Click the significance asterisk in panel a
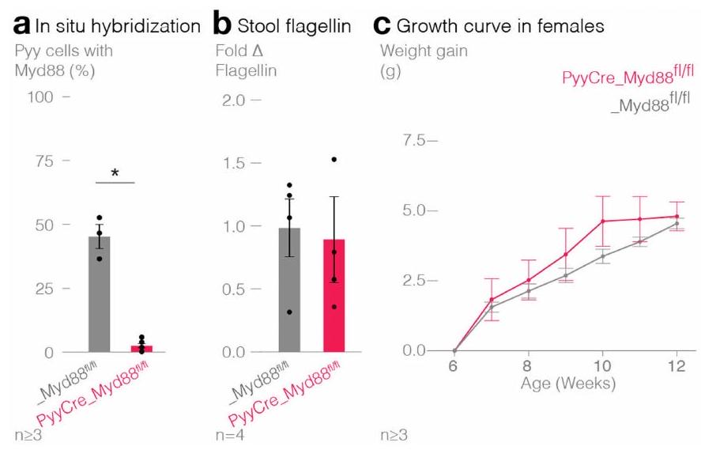(x=115, y=172)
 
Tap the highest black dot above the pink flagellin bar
(x=334, y=159)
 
